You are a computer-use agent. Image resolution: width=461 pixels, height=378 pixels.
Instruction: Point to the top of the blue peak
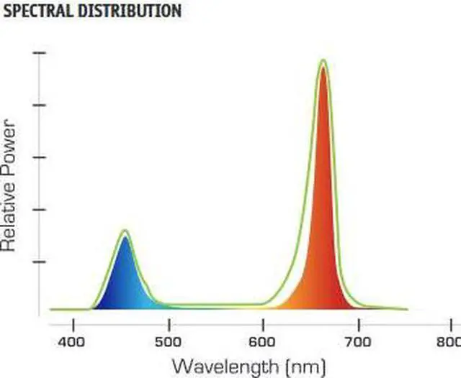point(125,231)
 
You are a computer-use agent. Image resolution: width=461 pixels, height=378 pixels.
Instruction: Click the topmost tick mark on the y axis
point(40,53)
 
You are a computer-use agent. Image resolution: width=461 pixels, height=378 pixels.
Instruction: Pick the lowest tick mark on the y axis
point(40,262)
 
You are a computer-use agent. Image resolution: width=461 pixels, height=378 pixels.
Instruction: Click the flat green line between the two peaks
point(216,305)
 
